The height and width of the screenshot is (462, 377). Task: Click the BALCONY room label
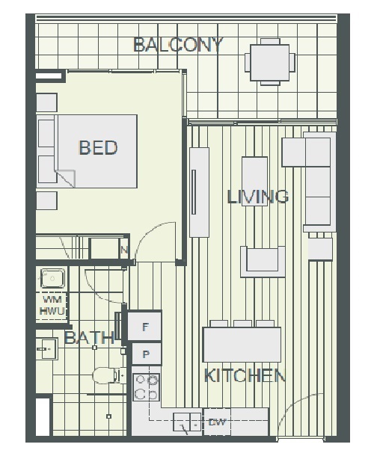(178, 45)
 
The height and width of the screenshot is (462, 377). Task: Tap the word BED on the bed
(98, 147)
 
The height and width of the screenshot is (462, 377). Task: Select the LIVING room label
(258, 197)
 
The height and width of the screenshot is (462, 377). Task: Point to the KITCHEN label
(245, 376)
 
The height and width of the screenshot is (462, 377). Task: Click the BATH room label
(89, 337)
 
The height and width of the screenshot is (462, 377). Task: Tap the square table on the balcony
(270, 63)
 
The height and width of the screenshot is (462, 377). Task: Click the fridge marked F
(144, 327)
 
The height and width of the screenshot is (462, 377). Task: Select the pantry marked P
(147, 354)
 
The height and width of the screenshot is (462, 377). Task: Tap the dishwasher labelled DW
(217, 422)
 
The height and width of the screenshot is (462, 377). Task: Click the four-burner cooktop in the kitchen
(147, 387)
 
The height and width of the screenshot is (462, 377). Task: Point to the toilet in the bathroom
(108, 376)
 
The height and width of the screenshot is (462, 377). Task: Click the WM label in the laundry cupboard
(52, 300)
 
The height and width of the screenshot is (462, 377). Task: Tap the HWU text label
(52, 311)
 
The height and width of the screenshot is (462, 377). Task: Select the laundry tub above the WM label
(52, 278)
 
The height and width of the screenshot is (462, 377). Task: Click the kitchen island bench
(242, 344)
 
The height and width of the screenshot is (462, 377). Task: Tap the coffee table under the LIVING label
(254, 181)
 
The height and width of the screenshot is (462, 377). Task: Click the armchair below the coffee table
(263, 262)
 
